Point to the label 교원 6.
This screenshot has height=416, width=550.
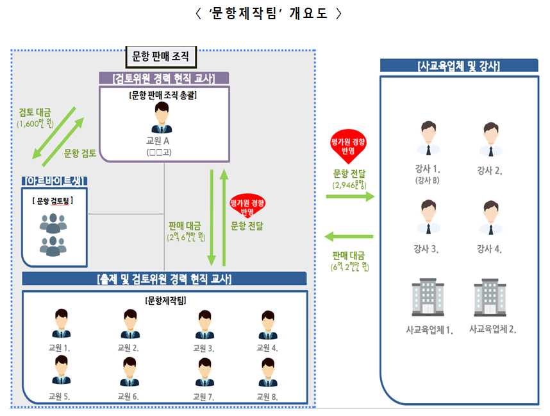pyautogui.click(x=128, y=396)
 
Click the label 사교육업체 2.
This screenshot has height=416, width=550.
pyautogui.click(x=492, y=329)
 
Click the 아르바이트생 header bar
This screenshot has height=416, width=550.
pyautogui.click(x=54, y=180)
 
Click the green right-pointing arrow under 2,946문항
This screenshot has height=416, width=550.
pyautogui.click(x=350, y=196)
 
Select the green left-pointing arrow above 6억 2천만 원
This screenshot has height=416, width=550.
pyautogui.click(x=349, y=238)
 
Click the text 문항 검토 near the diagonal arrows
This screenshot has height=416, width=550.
pyautogui.click(x=80, y=153)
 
